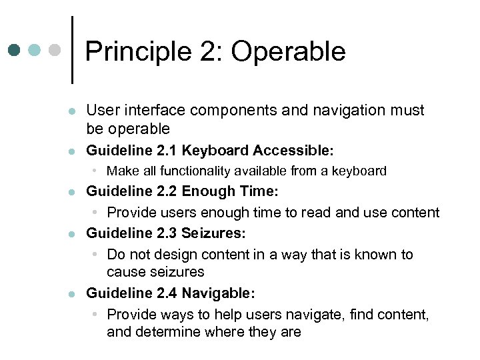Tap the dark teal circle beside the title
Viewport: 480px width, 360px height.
coord(15,50)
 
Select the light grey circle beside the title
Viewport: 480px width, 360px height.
coord(55,50)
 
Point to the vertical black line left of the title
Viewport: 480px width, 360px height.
coord(71,50)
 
